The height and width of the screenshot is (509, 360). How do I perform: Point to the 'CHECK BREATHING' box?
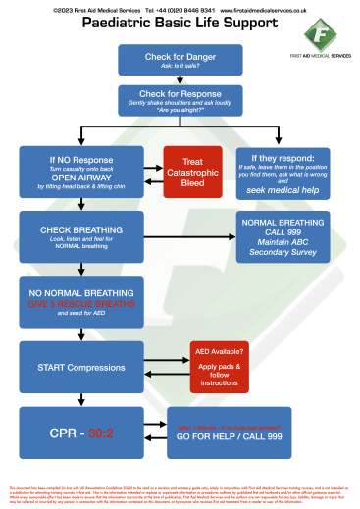click(x=66, y=235)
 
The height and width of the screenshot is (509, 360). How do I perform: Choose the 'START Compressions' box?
click(x=66, y=367)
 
